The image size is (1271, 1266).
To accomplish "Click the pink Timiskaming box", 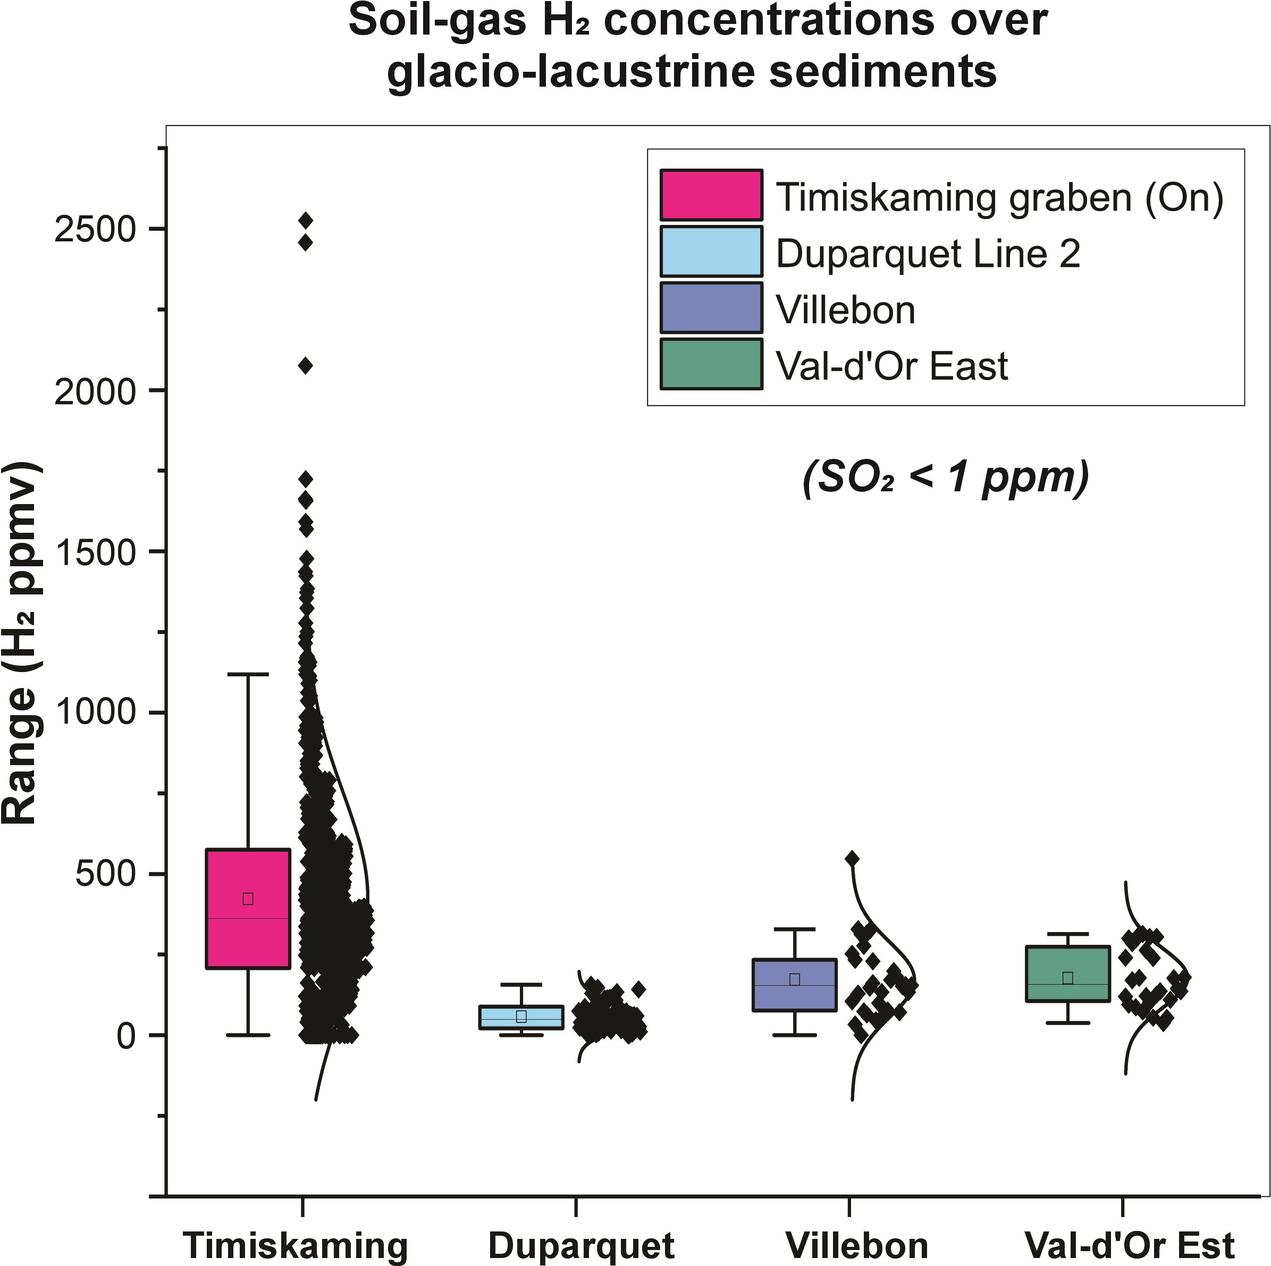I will point(248,908).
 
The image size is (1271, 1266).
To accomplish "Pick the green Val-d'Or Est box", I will point(1068,974).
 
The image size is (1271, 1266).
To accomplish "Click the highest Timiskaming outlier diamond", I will point(305,220).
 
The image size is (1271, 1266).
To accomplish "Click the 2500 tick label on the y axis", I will point(95,229).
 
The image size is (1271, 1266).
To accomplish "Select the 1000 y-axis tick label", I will point(95,712).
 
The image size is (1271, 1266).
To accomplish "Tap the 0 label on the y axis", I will point(127,1035).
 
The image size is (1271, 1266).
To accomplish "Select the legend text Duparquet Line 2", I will point(928,253).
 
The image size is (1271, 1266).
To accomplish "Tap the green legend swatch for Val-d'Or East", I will point(711,364).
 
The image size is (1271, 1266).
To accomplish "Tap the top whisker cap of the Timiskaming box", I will point(248,674).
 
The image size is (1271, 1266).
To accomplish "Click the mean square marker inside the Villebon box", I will point(795,979).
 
